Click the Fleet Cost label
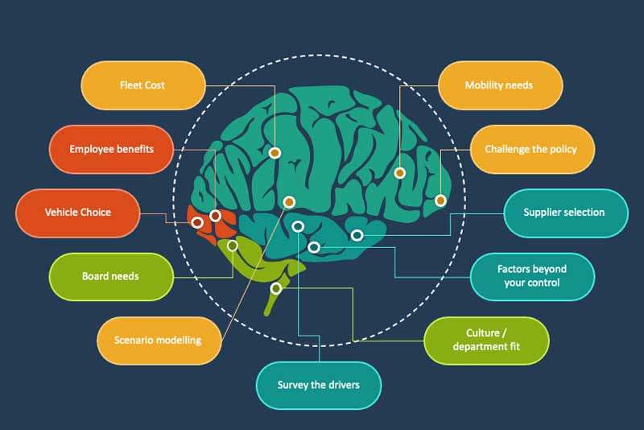[142, 85]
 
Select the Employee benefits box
[111, 149]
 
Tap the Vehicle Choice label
[78, 213]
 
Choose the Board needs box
[111, 276]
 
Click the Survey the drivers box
[318, 385]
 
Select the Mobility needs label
[499, 85]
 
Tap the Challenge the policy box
[530, 149]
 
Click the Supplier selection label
[563, 213]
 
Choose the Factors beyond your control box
[531, 276]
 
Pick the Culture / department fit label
[485, 340]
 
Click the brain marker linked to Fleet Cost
[275, 151]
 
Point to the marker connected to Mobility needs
[399, 172]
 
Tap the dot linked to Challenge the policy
[440, 200]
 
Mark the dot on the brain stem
[276, 287]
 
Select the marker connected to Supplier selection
[357, 235]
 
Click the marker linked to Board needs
[233, 246]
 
